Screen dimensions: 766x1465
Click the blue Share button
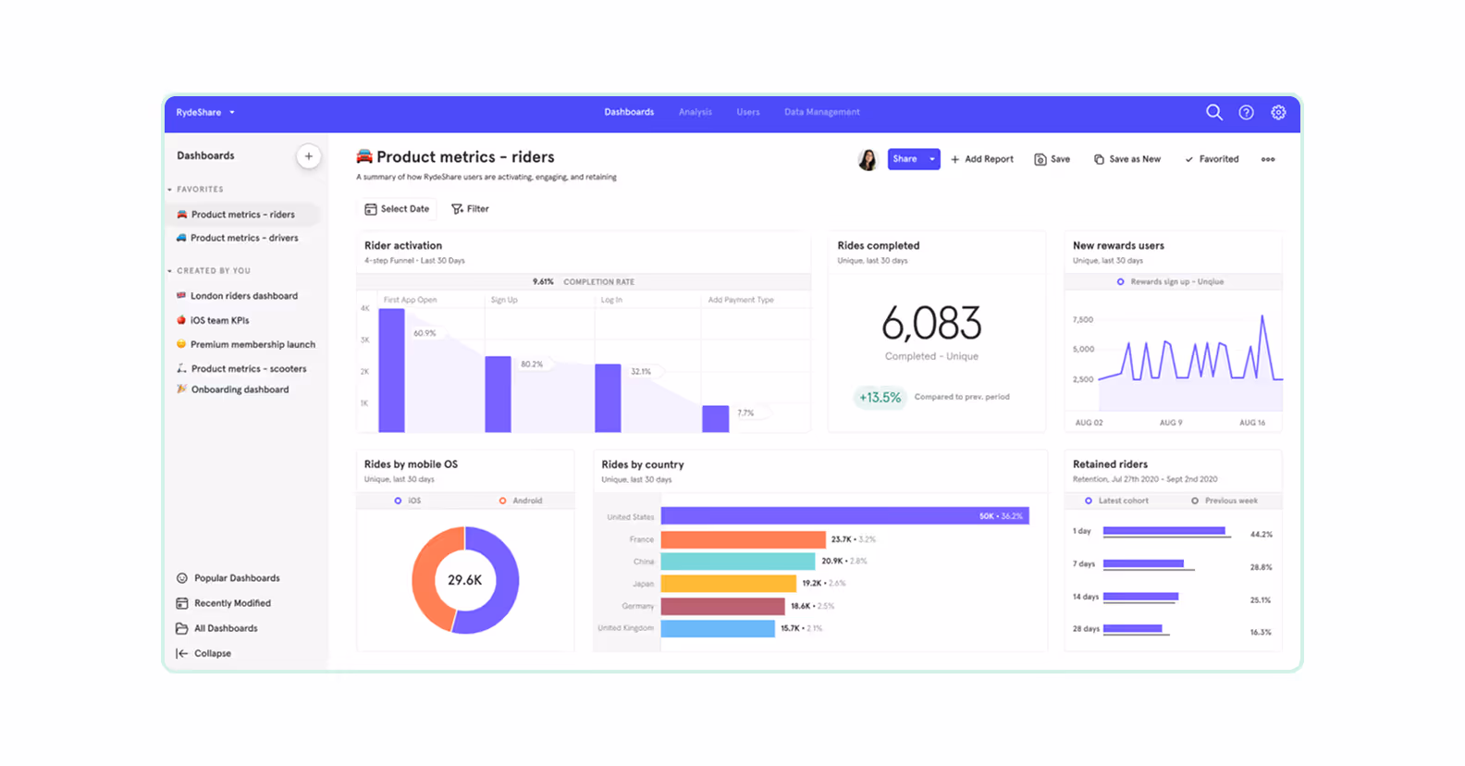(x=905, y=159)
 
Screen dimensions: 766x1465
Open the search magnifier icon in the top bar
(x=1213, y=112)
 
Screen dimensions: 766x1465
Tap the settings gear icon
(x=1278, y=112)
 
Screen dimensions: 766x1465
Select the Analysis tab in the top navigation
(x=695, y=112)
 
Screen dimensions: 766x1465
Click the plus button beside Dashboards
(x=309, y=156)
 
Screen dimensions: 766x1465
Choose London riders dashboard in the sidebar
(x=243, y=296)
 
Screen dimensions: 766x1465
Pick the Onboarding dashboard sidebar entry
(x=240, y=389)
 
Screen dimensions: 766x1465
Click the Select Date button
(x=397, y=209)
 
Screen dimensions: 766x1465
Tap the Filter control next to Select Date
(x=470, y=209)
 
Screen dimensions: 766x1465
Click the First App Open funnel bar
(x=391, y=370)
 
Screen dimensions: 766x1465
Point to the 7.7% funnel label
(x=745, y=413)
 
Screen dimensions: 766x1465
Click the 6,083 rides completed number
(x=931, y=324)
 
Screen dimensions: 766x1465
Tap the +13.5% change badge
(x=880, y=397)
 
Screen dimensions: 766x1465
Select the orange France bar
(x=743, y=539)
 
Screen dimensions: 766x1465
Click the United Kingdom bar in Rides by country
(x=718, y=628)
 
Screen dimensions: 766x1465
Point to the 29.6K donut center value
(x=464, y=580)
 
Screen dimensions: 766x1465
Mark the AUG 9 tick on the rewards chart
(x=1170, y=423)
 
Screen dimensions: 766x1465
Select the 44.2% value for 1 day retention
(x=1261, y=534)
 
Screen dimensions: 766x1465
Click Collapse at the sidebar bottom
(x=212, y=653)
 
